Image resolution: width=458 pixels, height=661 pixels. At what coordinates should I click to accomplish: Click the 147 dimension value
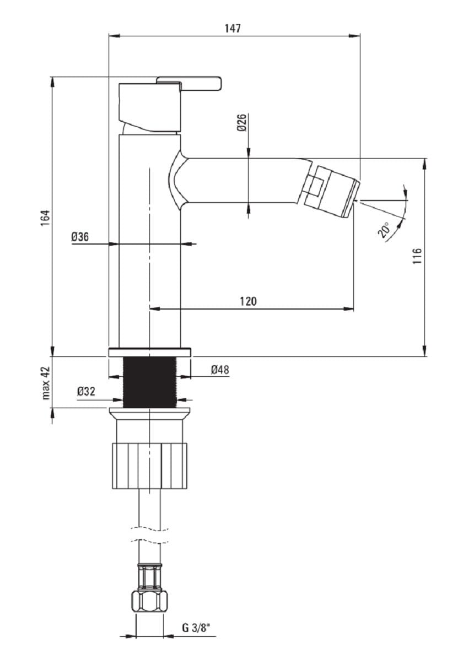(233, 28)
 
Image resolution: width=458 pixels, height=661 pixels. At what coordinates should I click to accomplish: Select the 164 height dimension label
(46, 218)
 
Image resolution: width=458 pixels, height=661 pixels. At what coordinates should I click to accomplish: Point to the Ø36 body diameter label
(80, 236)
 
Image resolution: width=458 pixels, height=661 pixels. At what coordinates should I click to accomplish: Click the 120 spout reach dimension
(248, 301)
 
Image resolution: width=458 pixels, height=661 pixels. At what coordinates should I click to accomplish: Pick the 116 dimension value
(417, 256)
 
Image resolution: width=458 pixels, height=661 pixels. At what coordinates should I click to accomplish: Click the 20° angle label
(384, 230)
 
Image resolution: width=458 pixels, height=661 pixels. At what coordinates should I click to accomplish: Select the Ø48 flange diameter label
(220, 370)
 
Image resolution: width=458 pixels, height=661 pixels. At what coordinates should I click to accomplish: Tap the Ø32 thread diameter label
(86, 392)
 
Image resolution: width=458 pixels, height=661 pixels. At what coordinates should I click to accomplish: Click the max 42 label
(46, 383)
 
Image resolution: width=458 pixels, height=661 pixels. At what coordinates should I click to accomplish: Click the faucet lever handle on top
(189, 83)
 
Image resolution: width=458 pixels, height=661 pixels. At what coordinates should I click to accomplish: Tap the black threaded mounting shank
(149, 382)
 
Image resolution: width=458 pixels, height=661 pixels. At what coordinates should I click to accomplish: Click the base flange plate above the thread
(150, 353)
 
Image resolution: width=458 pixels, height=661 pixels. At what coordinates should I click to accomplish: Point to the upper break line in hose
(149, 528)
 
